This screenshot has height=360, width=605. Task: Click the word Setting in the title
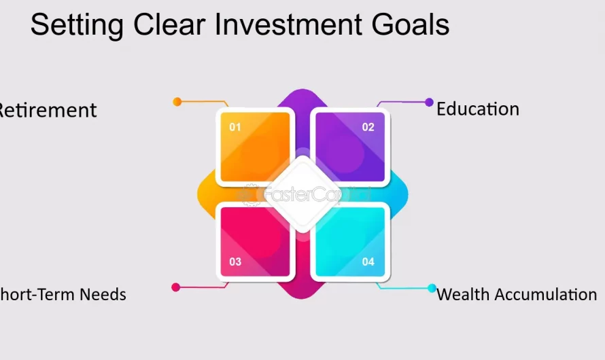77,26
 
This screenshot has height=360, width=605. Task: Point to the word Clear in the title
172,25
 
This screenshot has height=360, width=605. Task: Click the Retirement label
48,110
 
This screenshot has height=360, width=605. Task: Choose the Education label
477,109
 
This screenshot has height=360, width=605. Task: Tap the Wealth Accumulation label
517,294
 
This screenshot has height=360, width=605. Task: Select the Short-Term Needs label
63,294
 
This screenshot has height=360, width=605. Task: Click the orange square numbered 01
255,147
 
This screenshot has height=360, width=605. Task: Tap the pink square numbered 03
255,241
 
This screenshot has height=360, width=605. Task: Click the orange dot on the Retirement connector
177,102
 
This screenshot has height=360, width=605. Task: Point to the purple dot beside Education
429,103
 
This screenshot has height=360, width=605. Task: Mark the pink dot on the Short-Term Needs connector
176,287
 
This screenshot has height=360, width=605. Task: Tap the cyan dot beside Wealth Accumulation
432,288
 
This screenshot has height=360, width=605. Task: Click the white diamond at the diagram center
302,194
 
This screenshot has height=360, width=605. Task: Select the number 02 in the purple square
368,127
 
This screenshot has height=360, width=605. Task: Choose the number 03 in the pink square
235,262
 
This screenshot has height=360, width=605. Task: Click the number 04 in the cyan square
368,262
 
